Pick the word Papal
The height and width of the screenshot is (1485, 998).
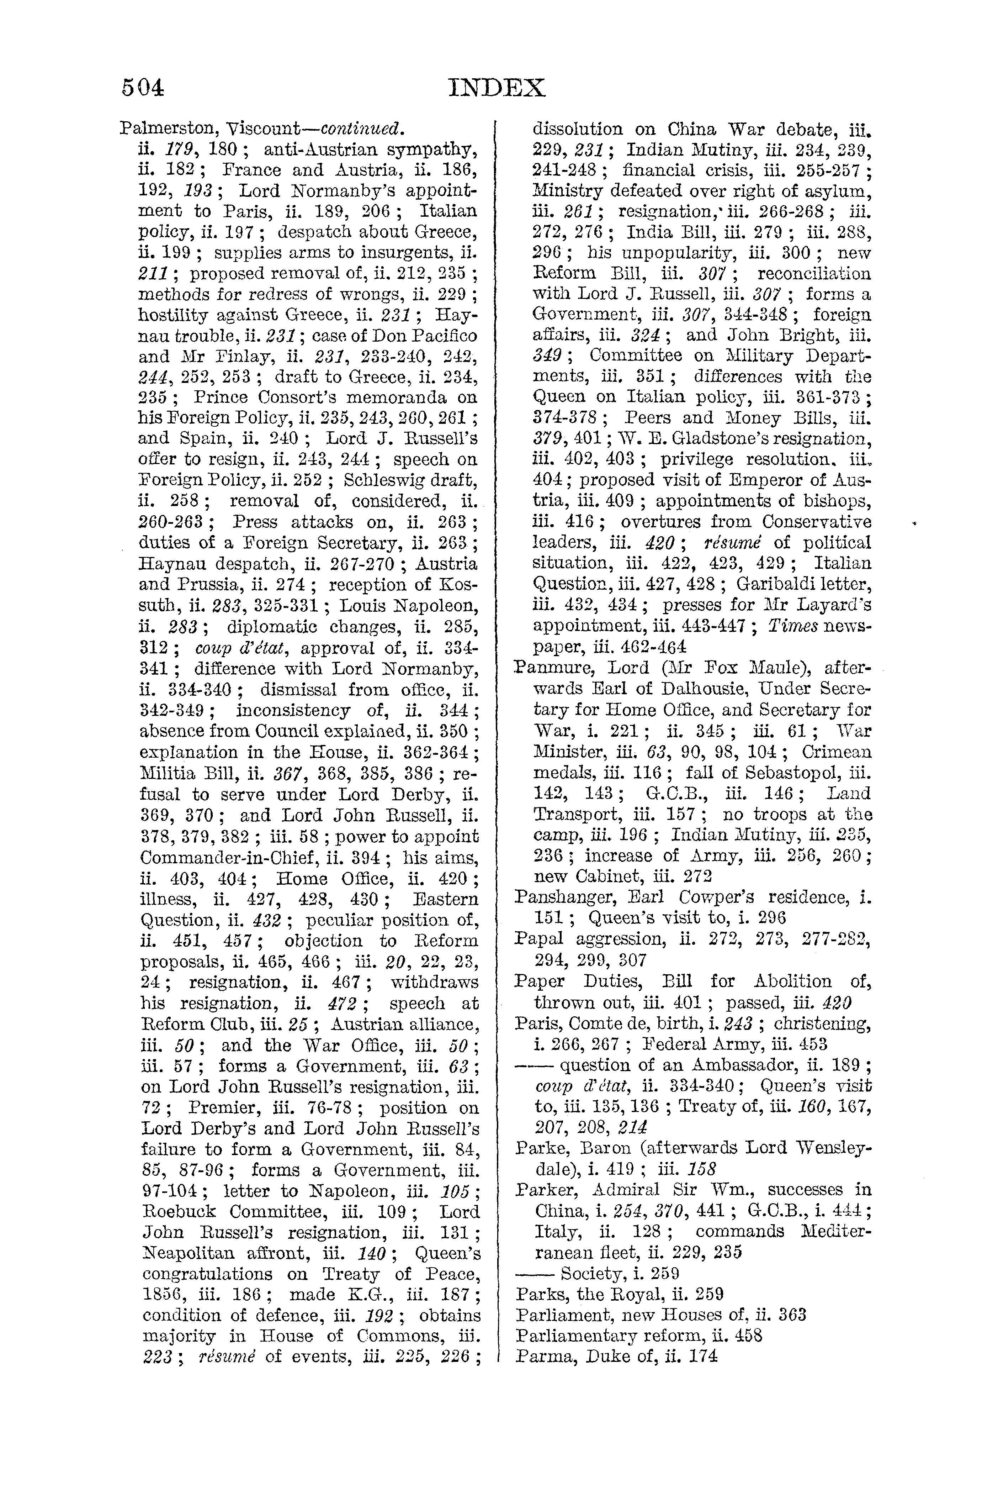[x=538, y=939]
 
